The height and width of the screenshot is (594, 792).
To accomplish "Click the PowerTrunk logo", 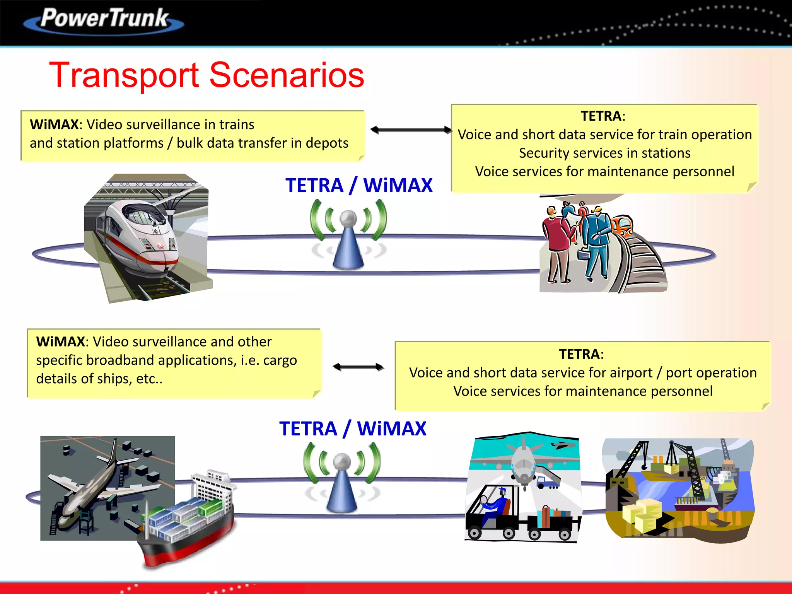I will (x=104, y=19).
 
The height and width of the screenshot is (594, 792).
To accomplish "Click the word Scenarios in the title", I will (x=287, y=75).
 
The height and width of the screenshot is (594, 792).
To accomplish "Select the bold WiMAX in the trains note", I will (x=54, y=125).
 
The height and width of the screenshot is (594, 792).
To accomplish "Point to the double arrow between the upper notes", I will (x=411, y=130).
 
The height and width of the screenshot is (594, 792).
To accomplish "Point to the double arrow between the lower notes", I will (x=358, y=367).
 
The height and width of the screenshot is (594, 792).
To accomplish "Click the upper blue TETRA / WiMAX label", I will (x=358, y=185).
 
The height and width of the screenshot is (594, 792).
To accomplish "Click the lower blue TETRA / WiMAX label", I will (x=352, y=428).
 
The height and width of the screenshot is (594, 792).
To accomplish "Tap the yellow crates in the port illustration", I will (x=642, y=514).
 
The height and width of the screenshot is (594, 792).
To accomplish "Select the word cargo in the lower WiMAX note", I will (x=280, y=360).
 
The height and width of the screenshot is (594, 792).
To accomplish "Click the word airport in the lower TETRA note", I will (x=626, y=373).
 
